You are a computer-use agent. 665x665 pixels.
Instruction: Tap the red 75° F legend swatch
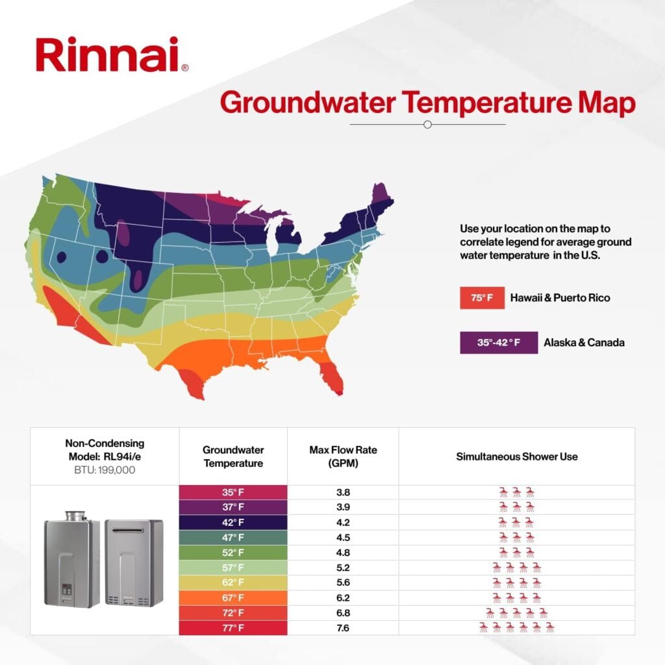tap(478, 298)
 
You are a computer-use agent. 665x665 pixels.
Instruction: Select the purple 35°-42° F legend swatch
tap(499, 342)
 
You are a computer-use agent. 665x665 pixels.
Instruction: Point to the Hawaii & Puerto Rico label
tap(560, 298)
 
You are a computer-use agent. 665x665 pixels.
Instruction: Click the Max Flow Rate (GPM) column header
tap(343, 456)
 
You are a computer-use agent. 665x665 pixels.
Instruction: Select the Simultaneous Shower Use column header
tap(516, 456)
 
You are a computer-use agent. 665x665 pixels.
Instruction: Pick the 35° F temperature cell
tap(232, 492)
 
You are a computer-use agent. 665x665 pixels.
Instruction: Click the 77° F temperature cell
tap(232, 627)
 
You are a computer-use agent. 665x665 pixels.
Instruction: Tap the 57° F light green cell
tap(232, 568)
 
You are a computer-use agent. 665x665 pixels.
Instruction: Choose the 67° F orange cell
tap(232, 597)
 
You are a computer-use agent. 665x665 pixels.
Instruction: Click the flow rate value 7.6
tap(343, 627)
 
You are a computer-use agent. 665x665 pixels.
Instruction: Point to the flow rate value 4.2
tap(343, 522)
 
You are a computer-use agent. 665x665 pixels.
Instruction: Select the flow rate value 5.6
tap(343, 583)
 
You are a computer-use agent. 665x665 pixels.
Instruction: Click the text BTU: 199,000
tap(105, 470)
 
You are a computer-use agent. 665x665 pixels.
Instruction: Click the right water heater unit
tap(134, 562)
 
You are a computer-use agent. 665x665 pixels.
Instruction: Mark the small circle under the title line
tap(427, 124)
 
